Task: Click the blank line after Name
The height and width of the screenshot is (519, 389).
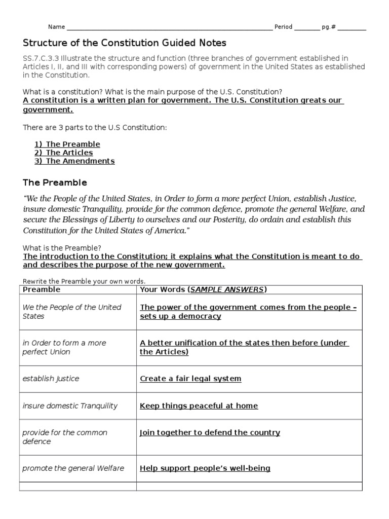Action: pyautogui.click(x=169, y=28)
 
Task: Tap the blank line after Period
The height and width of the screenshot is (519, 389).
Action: pyautogui.click(x=307, y=28)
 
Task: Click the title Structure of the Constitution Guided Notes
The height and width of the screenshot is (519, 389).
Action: pyautogui.click(x=125, y=43)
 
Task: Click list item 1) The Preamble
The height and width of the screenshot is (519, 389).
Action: pyautogui.click(x=67, y=144)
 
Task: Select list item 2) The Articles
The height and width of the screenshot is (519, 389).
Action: pyautogui.click(x=64, y=153)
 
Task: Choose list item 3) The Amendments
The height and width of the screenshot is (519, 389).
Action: pyautogui.click(x=74, y=161)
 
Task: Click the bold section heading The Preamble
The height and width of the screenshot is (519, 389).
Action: pyautogui.click(x=55, y=182)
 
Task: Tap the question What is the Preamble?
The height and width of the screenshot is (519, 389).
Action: pyautogui.click(x=62, y=248)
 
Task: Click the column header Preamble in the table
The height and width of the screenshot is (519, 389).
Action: pyautogui.click(x=42, y=289)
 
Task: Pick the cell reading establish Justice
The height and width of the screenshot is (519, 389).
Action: pyautogui.click(x=51, y=379)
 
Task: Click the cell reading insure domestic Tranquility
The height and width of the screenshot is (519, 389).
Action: pyautogui.click(x=70, y=405)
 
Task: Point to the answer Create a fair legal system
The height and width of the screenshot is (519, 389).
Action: pyautogui.click(x=190, y=379)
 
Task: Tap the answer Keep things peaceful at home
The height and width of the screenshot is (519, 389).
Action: pyautogui.click(x=199, y=405)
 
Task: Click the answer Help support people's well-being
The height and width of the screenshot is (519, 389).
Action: pyautogui.click(x=205, y=468)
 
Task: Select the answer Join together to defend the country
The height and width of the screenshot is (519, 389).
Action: pyautogui.click(x=210, y=432)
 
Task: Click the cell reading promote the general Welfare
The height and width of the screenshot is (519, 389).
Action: pyautogui.click(x=73, y=468)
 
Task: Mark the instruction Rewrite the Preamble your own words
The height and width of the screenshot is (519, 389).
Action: pyautogui.click(x=84, y=281)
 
